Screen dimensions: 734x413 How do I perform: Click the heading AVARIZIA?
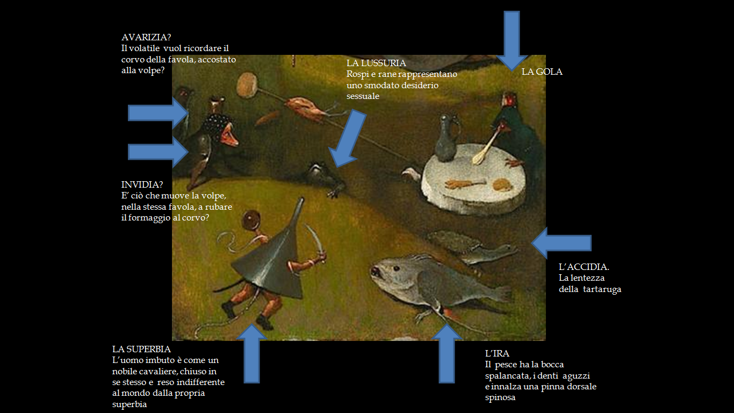(146, 38)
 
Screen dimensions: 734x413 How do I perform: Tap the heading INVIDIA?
(142, 184)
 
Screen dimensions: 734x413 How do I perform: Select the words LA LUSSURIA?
(376, 63)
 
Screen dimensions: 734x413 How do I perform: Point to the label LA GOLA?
(542, 72)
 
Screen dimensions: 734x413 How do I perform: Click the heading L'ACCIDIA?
(584, 267)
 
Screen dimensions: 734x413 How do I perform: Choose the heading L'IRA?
(497, 354)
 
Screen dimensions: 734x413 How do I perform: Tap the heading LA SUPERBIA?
(141, 349)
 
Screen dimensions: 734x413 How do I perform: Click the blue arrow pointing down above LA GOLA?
(512, 41)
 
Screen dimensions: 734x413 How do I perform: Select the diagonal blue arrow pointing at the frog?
(347, 138)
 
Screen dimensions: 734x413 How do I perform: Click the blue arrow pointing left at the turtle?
(561, 243)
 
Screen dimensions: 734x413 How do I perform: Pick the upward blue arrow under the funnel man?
(251, 353)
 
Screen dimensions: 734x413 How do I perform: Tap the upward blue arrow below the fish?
(447, 353)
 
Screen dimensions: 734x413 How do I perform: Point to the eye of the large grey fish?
(397, 268)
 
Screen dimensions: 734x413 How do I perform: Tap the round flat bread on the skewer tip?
(247, 84)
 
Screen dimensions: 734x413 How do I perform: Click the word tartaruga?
(602, 290)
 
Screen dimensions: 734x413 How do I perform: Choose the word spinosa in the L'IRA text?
(500, 397)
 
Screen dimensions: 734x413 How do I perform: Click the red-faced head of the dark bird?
(509, 99)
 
